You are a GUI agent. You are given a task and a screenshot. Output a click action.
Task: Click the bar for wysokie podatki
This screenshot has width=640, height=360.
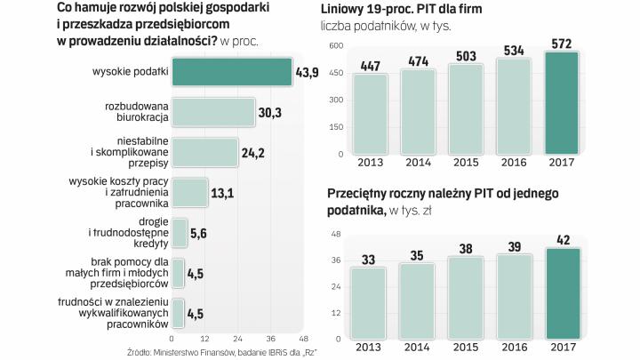(x=231, y=72)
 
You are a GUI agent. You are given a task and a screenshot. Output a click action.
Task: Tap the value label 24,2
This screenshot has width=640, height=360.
(x=253, y=152)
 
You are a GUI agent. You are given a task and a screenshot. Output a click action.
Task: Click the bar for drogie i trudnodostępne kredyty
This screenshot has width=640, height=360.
(x=179, y=232)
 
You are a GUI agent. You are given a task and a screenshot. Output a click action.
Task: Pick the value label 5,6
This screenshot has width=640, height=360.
(x=200, y=233)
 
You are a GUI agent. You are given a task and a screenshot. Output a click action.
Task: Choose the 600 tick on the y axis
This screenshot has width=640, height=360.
(x=335, y=45)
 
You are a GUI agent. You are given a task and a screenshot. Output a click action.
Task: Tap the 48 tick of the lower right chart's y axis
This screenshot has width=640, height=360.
(x=337, y=234)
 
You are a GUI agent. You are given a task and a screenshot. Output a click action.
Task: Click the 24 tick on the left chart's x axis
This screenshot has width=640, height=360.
(x=237, y=339)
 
